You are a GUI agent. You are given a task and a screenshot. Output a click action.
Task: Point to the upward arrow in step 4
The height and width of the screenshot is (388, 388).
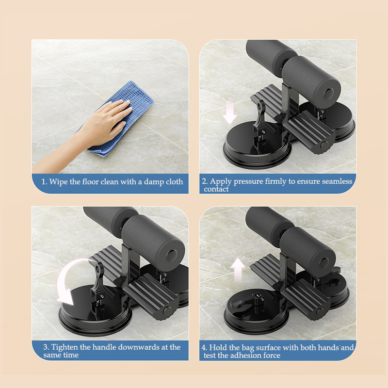point(237,270)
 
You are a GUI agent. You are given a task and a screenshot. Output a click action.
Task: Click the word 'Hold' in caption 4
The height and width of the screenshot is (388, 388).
point(220,347)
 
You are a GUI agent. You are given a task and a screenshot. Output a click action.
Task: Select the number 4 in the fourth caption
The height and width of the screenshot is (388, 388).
point(204,347)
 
